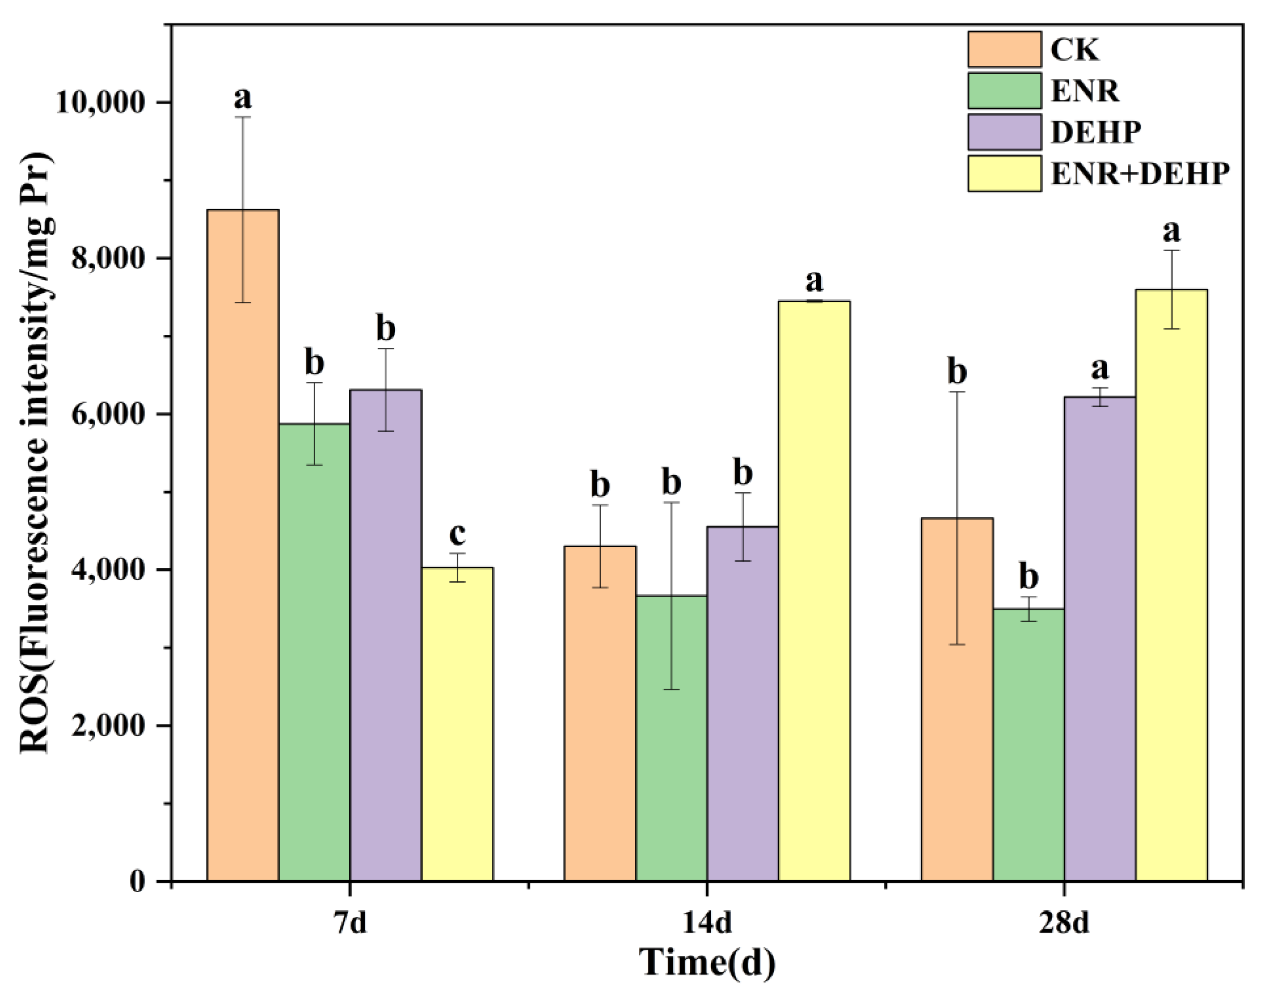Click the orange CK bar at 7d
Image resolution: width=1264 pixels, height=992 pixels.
[243, 546]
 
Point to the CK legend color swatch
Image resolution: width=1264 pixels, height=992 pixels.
[1004, 49]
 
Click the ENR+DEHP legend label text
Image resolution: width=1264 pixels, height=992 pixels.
[1140, 174]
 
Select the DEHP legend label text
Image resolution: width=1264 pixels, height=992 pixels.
[1095, 132]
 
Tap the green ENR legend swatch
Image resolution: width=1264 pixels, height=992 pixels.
[1004, 91]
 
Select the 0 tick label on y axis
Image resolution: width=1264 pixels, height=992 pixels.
[137, 882]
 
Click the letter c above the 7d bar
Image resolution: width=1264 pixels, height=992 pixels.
[457, 533]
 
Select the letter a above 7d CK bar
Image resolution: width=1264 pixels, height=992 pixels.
[243, 98]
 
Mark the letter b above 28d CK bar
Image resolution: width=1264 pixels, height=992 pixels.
[957, 372]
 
